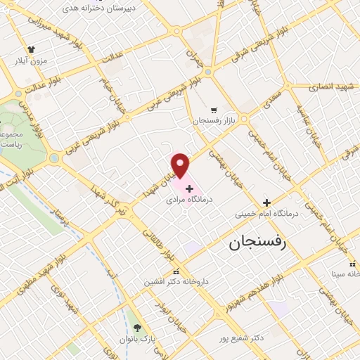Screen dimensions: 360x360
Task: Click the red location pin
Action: coord(181,165)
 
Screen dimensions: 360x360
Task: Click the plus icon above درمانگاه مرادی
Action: coord(189,188)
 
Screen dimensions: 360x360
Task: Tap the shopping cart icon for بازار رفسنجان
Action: coord(213,110)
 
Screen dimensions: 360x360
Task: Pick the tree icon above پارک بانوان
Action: coord(137,328)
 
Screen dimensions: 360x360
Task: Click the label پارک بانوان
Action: coord(136,340)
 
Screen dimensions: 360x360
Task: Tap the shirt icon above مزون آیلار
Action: coord(31,49)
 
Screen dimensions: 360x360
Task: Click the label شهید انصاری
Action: coord(333,86)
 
